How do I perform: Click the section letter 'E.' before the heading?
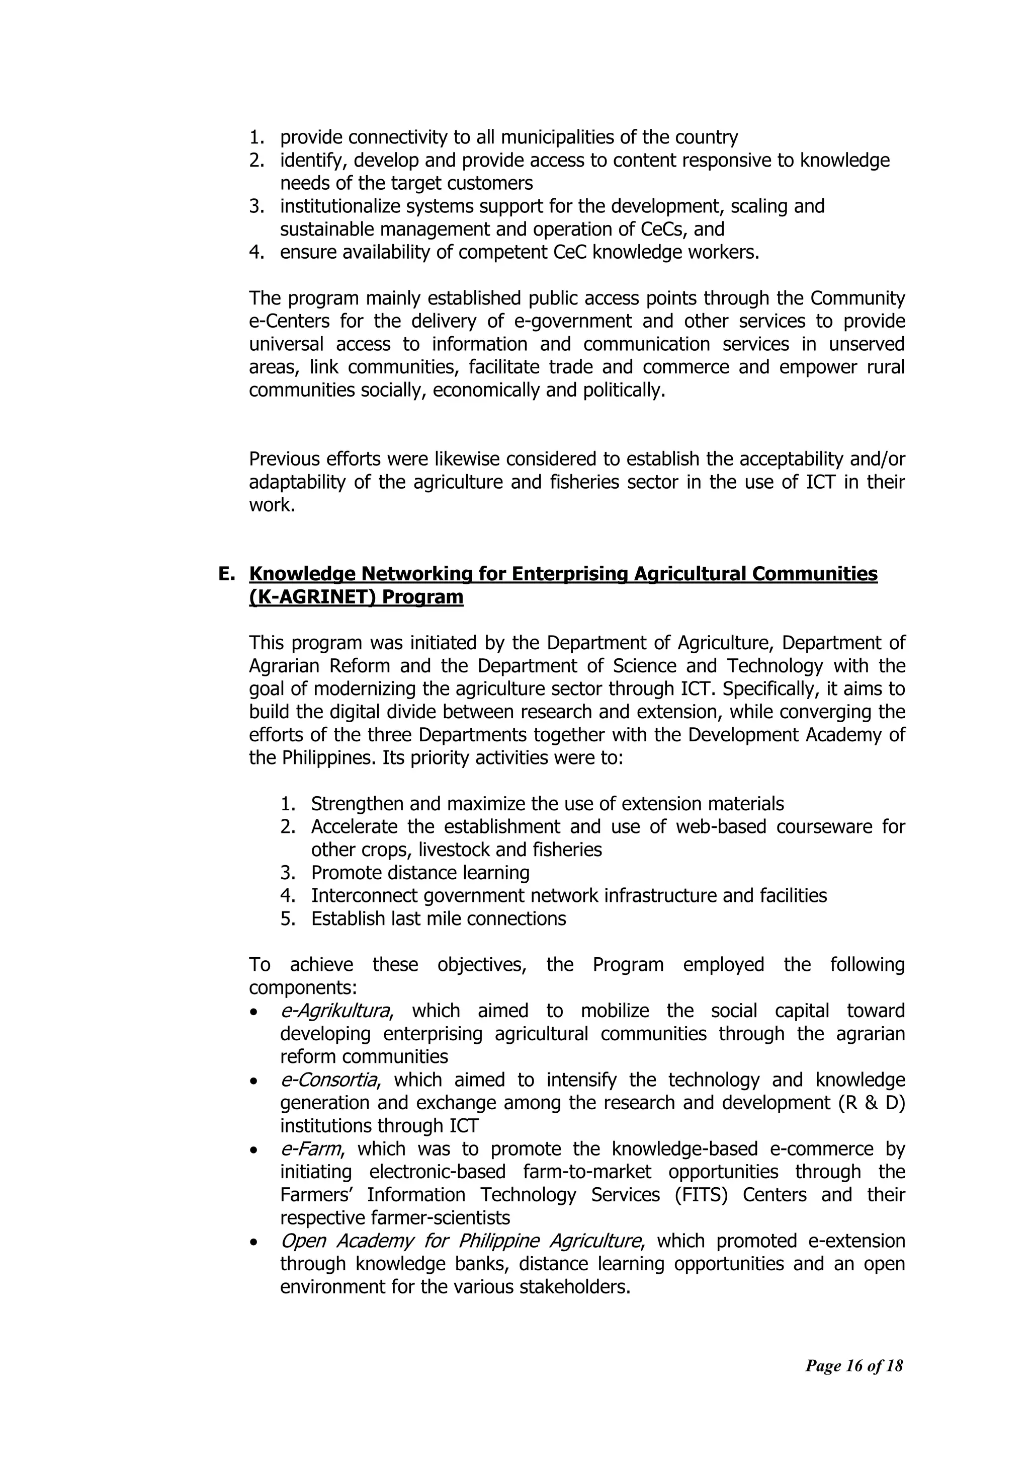pyautogui.click(x=226, y=574)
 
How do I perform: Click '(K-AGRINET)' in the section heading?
pyautogui.click(x=308, y=598)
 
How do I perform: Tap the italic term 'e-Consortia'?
pyautogui.click(x=328, y=1080)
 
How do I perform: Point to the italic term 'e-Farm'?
pyautogui.click(x=310, y=1149)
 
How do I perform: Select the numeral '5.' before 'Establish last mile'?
pyautogui.click(x=288, y=919)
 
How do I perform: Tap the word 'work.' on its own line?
pyautogui.click(x=272, y=506)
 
